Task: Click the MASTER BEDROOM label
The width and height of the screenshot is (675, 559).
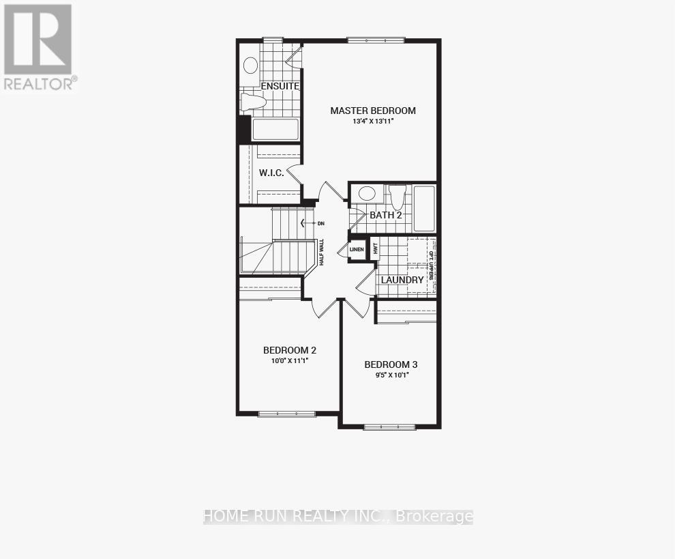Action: tap(373, 111)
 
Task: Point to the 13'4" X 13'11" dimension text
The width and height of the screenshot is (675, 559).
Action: tap(373, 121)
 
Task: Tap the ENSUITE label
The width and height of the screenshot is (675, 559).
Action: tap(280, 86)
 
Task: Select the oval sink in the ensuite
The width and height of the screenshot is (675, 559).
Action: tap(251, 66)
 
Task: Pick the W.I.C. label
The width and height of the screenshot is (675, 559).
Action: tap(271, 173)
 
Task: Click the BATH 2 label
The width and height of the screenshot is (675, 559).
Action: tap(386, 215)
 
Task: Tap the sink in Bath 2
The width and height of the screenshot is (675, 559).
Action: tap(367, 193)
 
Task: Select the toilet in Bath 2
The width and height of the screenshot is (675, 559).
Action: tap(397, 196)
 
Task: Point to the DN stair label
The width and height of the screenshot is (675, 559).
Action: tap(320, 223)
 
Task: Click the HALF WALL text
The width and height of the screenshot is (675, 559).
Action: tap(320, 252)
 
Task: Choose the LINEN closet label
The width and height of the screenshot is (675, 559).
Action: tap(357, 250)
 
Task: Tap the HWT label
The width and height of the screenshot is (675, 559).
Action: tap(375, 248)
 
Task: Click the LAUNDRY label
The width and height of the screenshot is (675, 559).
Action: tap(402, 280)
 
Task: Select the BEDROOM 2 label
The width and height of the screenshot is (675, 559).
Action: tap(290, 350)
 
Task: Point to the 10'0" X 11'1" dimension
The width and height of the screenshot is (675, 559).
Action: tap(290, 360)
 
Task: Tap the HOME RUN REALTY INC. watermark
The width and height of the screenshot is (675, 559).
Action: tap(338, 517)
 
